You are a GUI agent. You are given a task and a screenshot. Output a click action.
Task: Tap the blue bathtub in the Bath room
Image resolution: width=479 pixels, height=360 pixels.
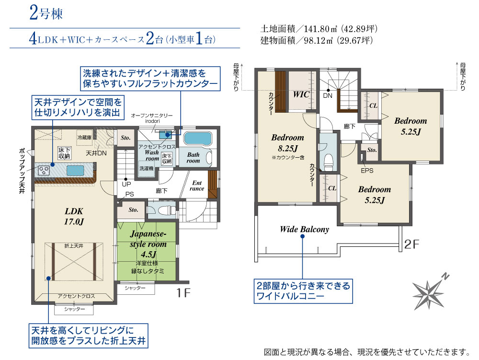[198, 139]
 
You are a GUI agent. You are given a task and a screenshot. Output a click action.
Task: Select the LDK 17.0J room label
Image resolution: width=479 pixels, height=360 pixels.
[74, 216]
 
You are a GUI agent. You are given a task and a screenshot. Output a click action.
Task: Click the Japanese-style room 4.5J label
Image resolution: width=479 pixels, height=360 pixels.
[148, 244]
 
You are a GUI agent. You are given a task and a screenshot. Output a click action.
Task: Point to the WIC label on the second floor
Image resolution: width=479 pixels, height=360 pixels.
[301, 94]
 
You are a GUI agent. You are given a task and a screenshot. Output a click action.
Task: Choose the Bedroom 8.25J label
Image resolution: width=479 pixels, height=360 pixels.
[287, 143]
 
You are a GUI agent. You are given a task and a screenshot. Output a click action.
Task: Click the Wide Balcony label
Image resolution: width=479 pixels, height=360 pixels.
[305, 229]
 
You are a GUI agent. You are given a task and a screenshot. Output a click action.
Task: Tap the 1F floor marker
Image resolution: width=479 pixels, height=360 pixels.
[183, 293]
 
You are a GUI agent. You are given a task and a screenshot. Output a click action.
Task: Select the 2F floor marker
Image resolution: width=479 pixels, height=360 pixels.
[411, 244]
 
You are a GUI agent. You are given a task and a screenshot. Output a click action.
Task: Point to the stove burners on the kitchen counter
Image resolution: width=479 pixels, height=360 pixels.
[44, 170]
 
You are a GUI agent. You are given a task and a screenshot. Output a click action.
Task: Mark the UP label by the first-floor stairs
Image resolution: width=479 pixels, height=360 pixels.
[126, 184]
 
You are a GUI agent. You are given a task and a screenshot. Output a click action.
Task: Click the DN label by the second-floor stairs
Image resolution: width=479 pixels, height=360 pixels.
[328, 96]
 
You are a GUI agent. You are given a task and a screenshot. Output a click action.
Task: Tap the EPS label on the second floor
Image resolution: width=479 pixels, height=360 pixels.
[367, 171]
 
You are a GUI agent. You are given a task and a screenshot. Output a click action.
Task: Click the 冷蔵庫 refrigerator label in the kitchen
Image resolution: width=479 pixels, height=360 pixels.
[84, 138]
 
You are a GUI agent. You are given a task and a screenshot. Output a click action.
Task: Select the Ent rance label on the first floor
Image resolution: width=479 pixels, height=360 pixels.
[197, 186]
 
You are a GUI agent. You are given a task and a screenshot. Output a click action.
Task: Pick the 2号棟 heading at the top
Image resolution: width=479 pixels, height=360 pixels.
[46, 14]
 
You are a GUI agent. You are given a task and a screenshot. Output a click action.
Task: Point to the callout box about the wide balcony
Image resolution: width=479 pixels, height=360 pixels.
[303, 291]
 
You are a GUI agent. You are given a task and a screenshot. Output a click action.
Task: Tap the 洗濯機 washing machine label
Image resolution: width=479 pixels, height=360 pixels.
[146, 168]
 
